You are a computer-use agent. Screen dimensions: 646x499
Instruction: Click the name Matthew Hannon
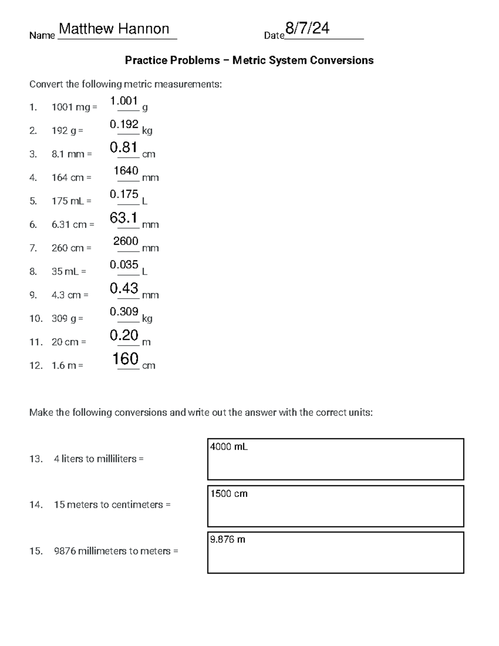click(x=114, y=29)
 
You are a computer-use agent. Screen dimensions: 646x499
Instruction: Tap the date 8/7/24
click(x=307, y=28)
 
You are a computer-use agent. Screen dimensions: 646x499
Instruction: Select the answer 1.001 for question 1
click(x=124, y=101)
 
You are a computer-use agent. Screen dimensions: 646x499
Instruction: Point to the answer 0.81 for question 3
click(x=124, y=147)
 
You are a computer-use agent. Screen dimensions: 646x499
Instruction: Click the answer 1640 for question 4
click(x=126, y=171)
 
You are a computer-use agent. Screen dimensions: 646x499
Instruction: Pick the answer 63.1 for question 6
click(x=124, y=218)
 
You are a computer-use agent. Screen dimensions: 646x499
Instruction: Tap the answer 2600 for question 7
click(x=126, y=241)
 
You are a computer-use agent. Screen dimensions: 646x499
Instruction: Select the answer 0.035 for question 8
click(x=124, y=265)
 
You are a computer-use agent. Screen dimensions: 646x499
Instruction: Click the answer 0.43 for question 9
click(x=124, y=288)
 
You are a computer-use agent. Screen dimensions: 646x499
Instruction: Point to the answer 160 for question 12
click(x=126, y=359)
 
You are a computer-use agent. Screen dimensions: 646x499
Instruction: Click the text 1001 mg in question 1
click(x=71, y=107)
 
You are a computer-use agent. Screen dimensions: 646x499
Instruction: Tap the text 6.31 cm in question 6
click(x=69, y=225)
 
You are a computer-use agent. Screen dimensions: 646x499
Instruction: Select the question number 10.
click(x=36, y=319)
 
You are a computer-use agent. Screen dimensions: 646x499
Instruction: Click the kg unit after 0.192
click(x=147, y=131)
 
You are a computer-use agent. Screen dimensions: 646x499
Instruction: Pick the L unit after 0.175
click(x=145, y=201)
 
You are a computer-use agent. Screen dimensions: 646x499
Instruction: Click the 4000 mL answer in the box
click(x=229, y=447)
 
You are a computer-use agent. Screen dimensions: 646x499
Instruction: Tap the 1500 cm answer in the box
click(x=229, y=494)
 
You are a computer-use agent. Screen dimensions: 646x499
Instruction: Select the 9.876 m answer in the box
click(x=227, y=540)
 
